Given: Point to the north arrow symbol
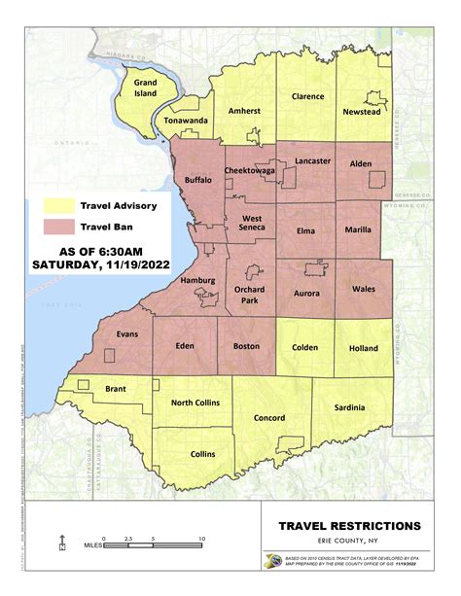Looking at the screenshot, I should pyautogui.click(x=62, y=543).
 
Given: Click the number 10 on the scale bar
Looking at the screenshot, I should pyautogui.click(x=201, y=538).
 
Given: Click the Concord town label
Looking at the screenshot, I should pyautogui.click(x=269, y=418).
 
